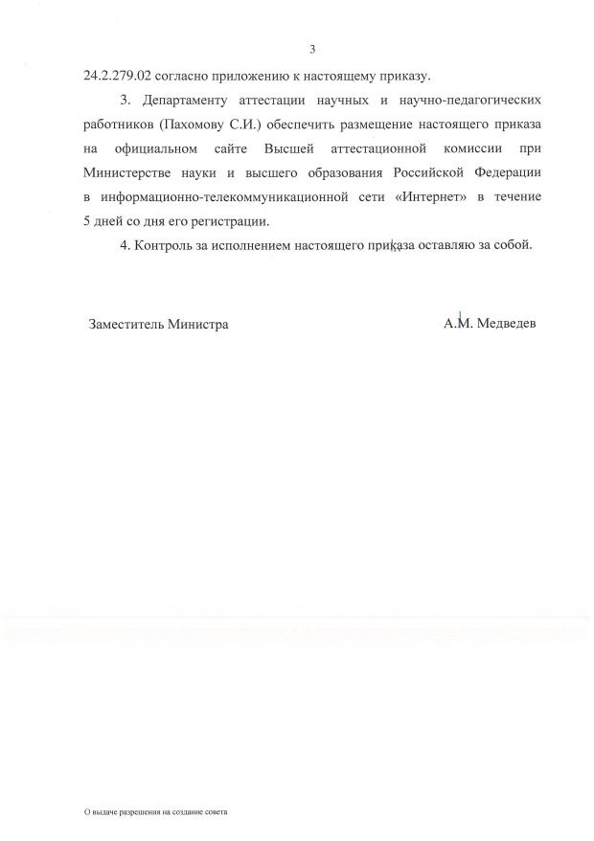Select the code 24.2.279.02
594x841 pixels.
118,75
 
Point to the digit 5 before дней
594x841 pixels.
88,220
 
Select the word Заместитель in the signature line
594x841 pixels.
126,324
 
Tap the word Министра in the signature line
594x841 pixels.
197,324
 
